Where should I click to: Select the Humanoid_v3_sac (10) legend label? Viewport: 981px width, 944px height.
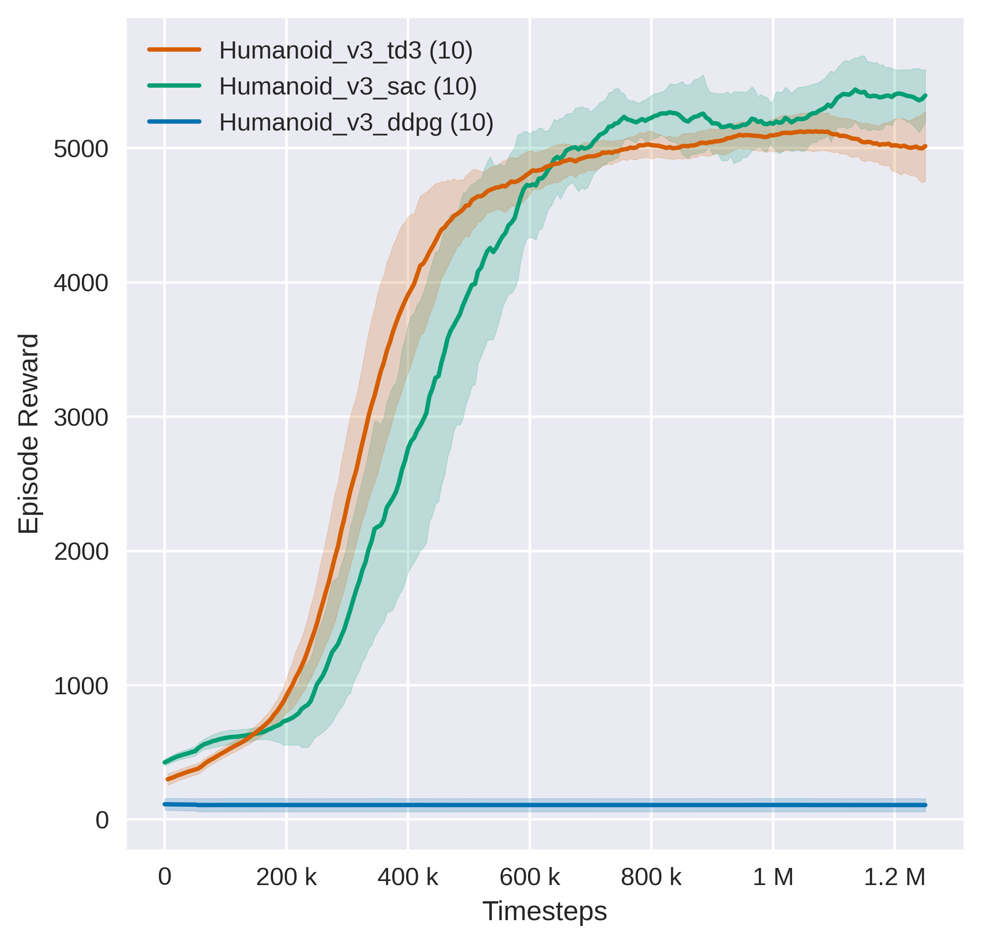[347, 87]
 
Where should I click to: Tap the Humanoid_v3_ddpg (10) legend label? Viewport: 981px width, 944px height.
[356, 123]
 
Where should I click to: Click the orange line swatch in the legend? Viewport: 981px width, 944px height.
[175, 49]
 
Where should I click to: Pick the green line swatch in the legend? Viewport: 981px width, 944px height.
[175, 85]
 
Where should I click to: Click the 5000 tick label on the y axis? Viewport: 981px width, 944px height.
[81, 149]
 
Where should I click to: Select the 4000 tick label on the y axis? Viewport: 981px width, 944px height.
[81, 283]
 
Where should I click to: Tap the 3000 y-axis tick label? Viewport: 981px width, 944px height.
[81, 418]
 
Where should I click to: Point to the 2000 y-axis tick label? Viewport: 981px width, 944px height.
[81, 552]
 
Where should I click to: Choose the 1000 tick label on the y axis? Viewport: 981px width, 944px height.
[81, 686]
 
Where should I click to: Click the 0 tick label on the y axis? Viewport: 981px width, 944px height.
[102, 820]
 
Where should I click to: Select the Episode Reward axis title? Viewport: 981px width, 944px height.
[28, 434]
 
